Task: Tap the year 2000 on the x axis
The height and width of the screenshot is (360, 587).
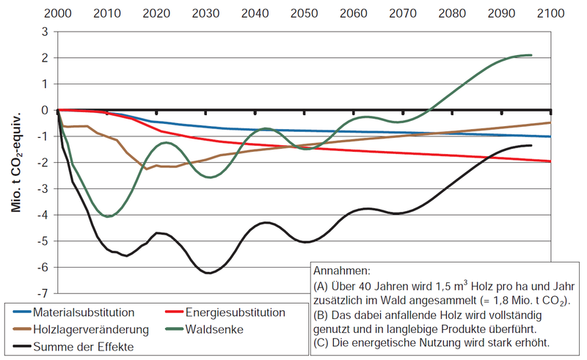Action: point(59,13)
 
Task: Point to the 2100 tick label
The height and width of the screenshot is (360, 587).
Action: point(550,13)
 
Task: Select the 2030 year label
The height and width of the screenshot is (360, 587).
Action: point(206,13)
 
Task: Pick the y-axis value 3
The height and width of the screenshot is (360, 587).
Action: point(46,32)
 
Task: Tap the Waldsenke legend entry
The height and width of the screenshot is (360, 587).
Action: point(214,329)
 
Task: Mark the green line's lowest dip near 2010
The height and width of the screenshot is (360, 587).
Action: point(108,216)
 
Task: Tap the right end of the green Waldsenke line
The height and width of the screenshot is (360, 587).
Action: point(531,55)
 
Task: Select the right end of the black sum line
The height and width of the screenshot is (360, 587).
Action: point(531,145)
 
